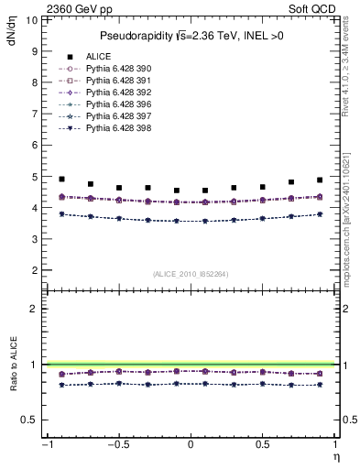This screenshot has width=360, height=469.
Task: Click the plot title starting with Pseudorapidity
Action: tap(191, 36)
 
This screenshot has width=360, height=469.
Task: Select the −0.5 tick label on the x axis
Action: tap(117, 445)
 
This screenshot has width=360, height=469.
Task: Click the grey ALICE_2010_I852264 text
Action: tap(191, 273)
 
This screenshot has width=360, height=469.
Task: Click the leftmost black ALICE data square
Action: tap(61, 179)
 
